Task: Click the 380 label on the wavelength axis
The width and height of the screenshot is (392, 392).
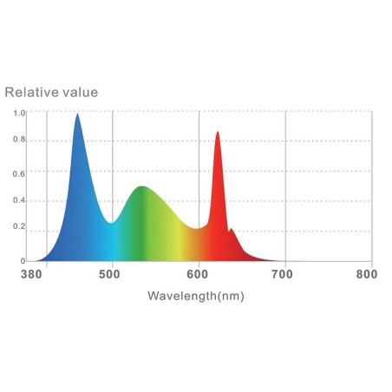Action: pyautogui.click(x=31, y=274)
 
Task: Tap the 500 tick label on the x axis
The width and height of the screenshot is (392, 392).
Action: pyautogui.click(x=109, y=274)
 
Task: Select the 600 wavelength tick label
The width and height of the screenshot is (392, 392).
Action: pyautogui.click(x=198, y=274)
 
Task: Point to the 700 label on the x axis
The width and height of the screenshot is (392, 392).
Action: pyautogui.click(x=282, y=274)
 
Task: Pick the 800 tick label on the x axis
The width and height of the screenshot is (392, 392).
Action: pyautogui.click(x=367, y=274)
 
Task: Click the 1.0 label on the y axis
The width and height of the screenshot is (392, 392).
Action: pyautogui.click(x=19, y=113)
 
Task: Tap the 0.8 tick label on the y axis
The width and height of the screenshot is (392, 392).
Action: pyautogui.click(x=19, y=140)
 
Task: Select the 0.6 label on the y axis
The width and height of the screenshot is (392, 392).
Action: pyautogui.click(x=19, y=173)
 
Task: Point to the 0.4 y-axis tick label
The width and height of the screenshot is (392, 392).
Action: pyautogui.click(x=19, y=200)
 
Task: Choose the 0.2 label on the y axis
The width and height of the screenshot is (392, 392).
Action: pyautogui.click(x=19, y=226)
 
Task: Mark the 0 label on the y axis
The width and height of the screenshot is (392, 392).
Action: pyautogui.click(x=23, y=261)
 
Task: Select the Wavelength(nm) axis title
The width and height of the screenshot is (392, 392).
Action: pyautogui.click(x=196, y=296)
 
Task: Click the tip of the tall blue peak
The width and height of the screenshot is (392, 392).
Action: pyautogui.click(x=77, y=114)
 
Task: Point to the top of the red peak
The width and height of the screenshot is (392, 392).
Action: pyautogui.click(x=218, y=132)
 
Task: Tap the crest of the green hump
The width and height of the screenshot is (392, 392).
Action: pyautogui.click(x=142, y=186)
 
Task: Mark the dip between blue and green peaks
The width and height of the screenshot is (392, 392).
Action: pyautogui.click(x=111, y=223)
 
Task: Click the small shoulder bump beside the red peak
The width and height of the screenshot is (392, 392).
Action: pyautogui.click(x=231, y=229)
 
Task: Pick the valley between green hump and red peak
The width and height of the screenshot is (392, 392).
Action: pyautogui.click(x=197, y=229)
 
